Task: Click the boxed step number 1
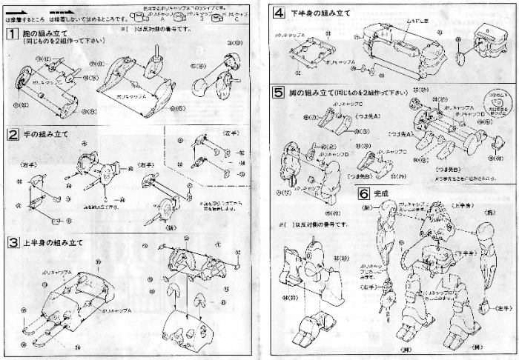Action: (11, 35)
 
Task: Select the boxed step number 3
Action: (13, 242)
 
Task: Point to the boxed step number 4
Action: (278, 13)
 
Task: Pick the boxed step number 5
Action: (278, 93)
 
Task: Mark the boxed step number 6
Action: (363, 194)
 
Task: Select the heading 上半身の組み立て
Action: (52, 242)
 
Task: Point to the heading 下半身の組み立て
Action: (319, 13)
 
